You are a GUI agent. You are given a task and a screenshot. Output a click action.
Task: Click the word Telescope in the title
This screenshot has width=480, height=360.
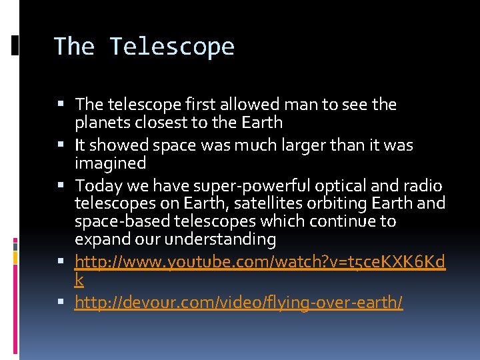tap(172, 47)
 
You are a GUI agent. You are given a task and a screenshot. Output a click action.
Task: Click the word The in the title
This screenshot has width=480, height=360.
tap(74, 47)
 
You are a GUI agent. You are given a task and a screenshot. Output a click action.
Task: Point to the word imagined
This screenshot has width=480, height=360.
tap(110, 163)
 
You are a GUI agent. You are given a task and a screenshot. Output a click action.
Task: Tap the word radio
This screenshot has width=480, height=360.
tap(424, 186)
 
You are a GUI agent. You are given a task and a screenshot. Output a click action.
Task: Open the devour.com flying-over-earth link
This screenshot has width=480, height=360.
tap(239, 303)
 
